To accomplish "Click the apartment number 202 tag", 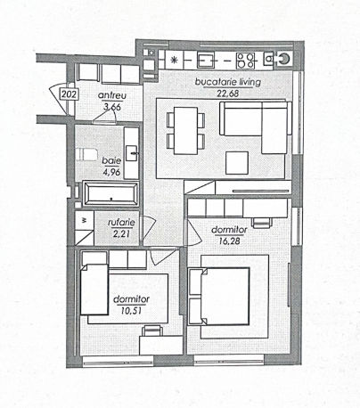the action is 70,94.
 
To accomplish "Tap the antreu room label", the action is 112,95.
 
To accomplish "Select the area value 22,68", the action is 228,94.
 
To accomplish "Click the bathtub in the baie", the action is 110,194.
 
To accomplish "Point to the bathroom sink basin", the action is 132,153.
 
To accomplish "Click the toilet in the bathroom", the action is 86,154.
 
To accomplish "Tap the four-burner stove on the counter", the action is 246,61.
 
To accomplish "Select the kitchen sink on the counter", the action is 206,61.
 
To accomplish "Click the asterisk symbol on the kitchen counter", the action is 174,60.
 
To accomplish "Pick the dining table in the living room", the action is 185,131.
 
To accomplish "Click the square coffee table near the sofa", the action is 237,163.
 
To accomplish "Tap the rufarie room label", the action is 121,223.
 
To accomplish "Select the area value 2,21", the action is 121,233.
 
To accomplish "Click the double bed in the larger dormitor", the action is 219,297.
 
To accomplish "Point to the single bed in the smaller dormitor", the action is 94,290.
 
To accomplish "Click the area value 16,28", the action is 229,241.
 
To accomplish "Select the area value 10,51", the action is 131,311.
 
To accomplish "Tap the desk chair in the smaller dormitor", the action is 152,330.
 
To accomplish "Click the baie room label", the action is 111,160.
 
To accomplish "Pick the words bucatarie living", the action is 228,82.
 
